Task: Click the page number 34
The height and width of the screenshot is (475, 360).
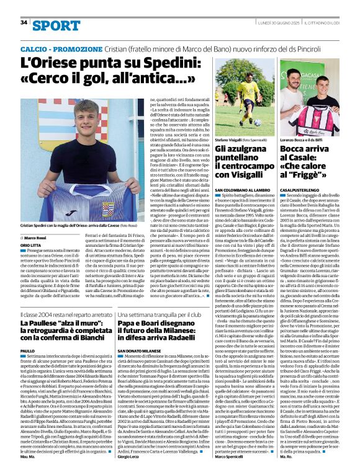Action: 24,22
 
